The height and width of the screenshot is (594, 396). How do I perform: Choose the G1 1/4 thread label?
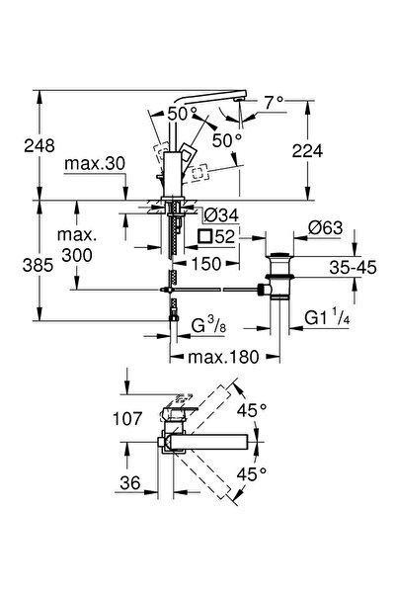(326, 318)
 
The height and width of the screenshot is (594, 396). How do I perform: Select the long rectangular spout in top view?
(210, 440)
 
